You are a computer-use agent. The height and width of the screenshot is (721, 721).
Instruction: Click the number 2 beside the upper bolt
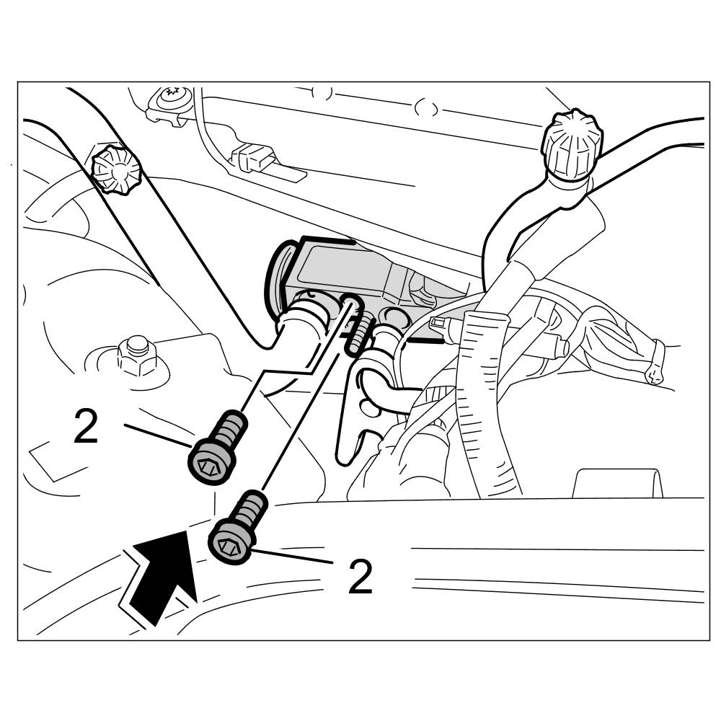[86, 428]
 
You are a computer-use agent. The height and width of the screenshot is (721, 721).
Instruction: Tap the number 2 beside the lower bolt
[360, 577]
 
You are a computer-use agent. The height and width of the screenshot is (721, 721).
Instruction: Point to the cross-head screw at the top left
[171, 94]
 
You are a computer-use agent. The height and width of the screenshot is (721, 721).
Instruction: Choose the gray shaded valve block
[346, 270]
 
